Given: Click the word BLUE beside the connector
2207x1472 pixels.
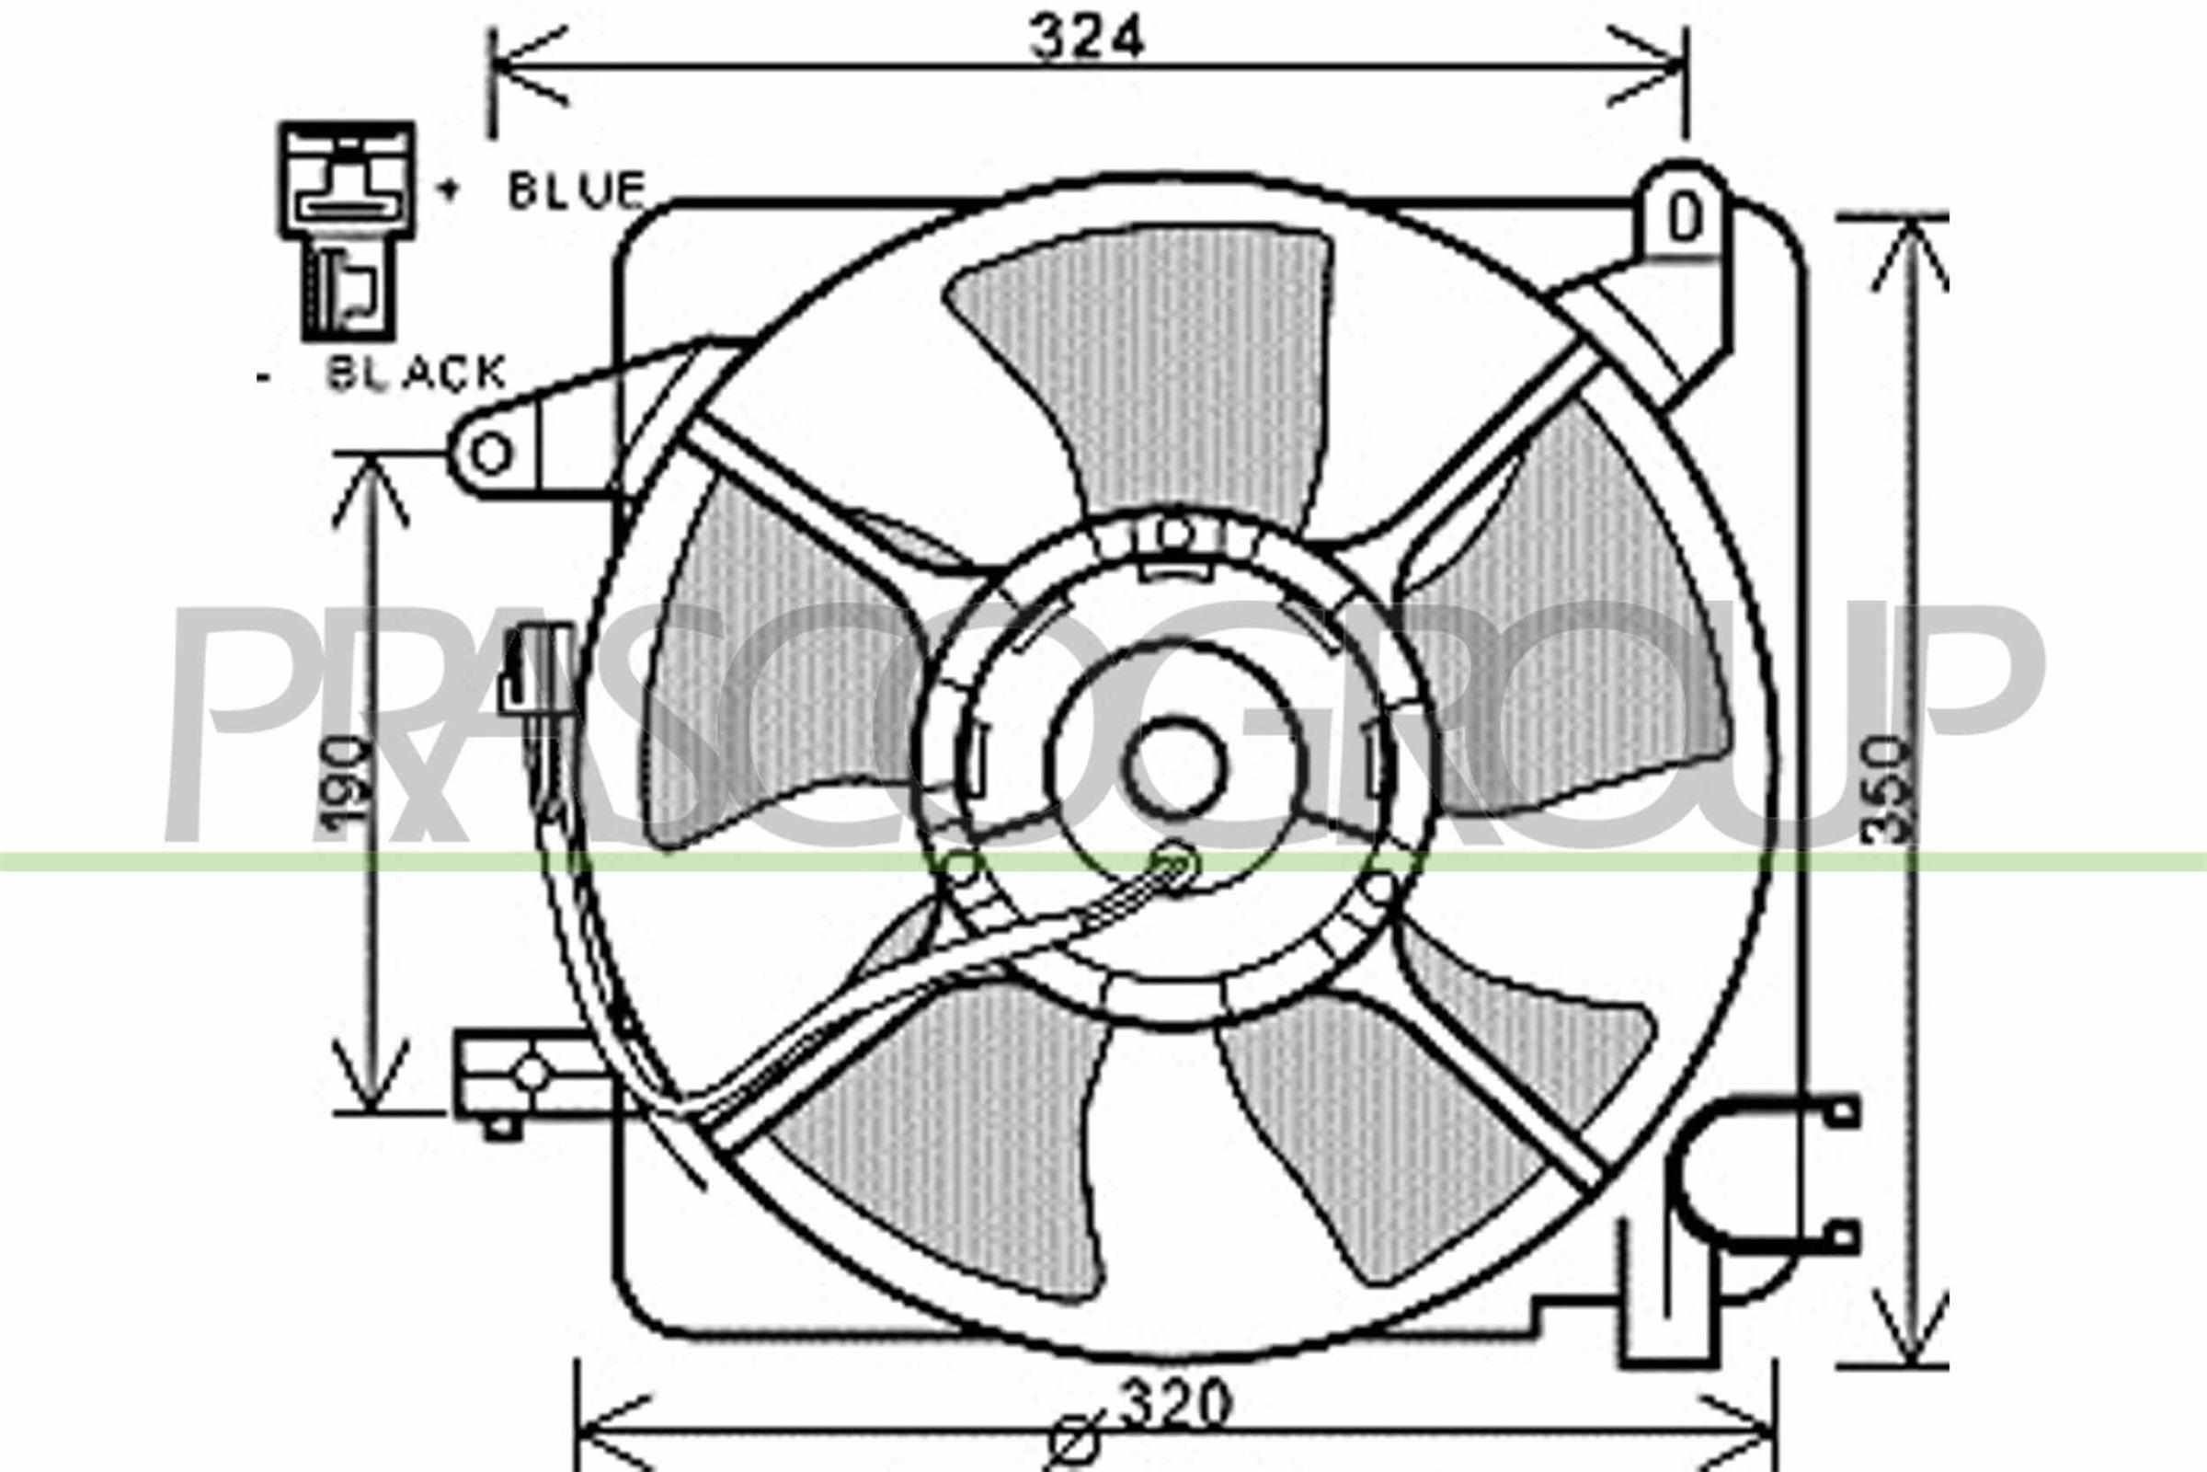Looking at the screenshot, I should pyautogui.click(x=577, y=190).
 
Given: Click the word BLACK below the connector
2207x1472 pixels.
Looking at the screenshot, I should pyautogui.click(x=416, y=374).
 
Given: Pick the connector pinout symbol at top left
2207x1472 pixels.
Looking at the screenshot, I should pyautogui.click(x=347, y=230).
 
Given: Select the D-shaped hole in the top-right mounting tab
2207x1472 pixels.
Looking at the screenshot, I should pyautogui.click(x=1686, y=220).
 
